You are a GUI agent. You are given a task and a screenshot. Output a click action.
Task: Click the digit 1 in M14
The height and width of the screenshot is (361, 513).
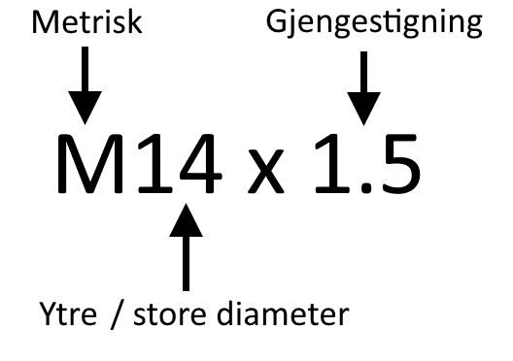[153, 162]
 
